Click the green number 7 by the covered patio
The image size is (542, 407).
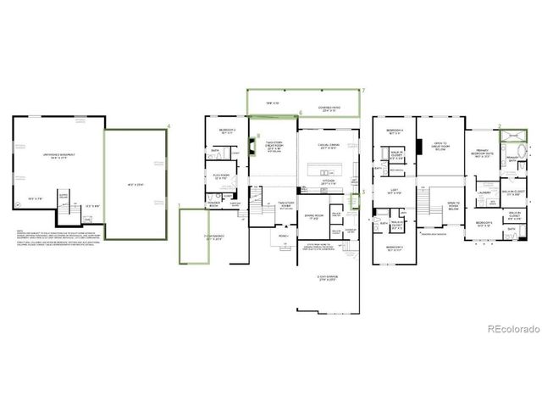(x=362, y=90)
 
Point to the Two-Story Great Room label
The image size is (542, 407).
(x=274, y=145)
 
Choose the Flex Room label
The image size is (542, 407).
(x=223, y=177)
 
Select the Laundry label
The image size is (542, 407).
(x=485, y=192)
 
